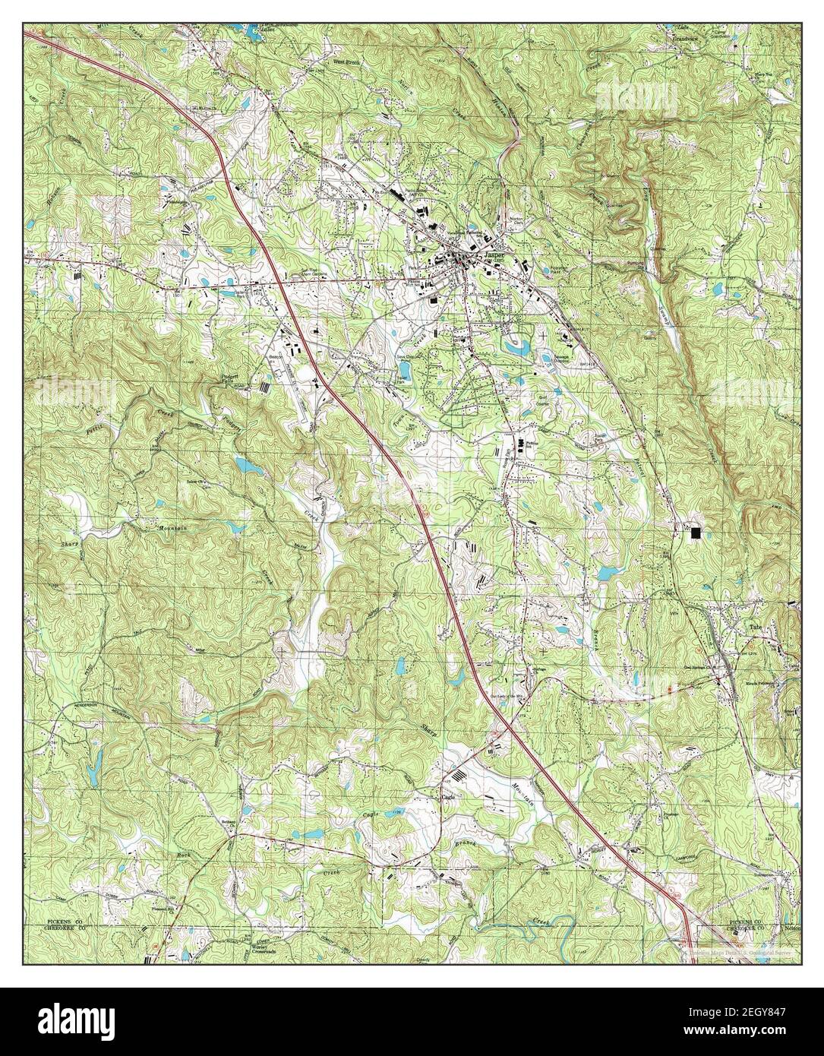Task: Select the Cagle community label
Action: pyautogui.click(x=448, y=797)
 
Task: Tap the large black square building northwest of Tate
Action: pyautogui.click(x=696, y=533)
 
